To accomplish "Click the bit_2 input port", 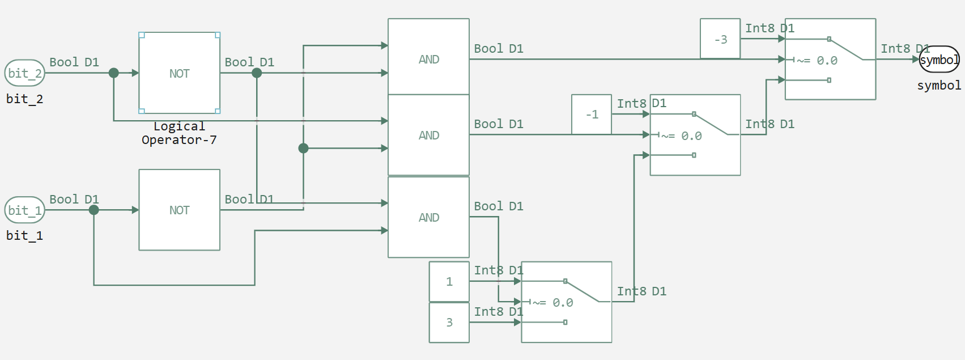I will (x=24, y=73).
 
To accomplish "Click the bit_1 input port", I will (x=24, y=210).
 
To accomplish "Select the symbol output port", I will (x=939, y=60).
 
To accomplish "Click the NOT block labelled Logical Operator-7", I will (x=179, y=73).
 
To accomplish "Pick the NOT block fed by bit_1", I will (x=179, y=210).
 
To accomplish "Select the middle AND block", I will (x=428, y=135).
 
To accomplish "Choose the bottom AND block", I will (x=428, y=217).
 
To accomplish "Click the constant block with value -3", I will (x=720, y=39).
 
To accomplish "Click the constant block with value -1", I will (x=592, y=115).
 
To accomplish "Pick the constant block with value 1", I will (x=449, y=282).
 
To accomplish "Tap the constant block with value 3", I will (x=449, y=323).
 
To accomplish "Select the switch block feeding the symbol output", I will (x=830, y=60).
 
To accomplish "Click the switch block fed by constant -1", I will (x=695, y=135).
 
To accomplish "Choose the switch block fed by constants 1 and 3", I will (x=566, y=302).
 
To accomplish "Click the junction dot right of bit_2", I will (x=114, y=73).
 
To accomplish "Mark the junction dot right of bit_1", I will (x=94, y=210).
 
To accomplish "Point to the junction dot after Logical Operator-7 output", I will (x=257, y=73).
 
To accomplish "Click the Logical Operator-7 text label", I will (x=179, y=133).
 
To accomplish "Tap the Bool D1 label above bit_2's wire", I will (x=74, y=62).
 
